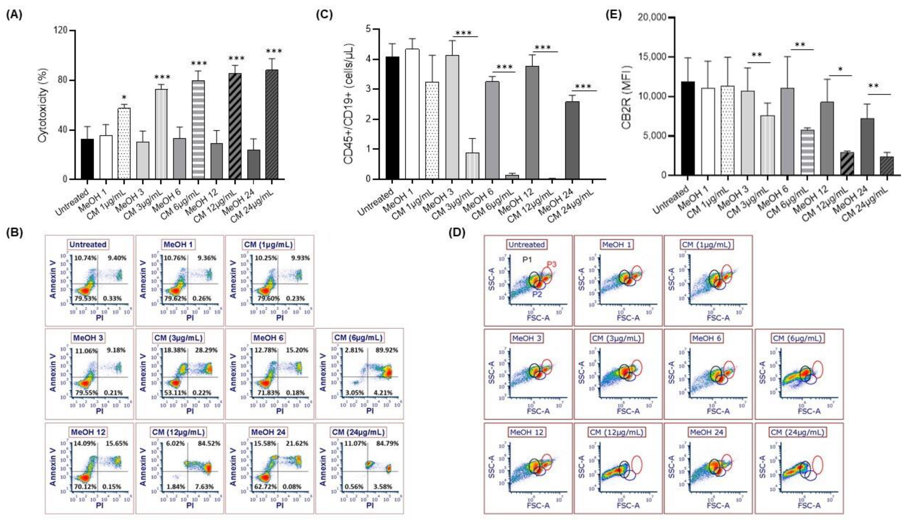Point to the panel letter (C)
click(x=324, y=15)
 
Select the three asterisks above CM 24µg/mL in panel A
click(x=274, y=51)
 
